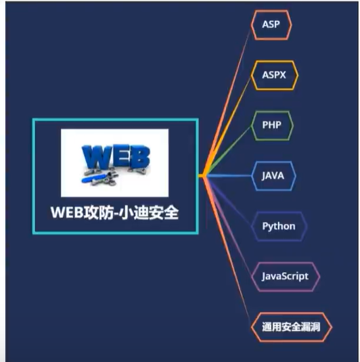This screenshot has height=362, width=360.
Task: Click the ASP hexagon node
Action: pyautogui.click(x=271, y=25)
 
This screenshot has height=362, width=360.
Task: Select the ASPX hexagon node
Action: pyautogui.click(x=274, y=75)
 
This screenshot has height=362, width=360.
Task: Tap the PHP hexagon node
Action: pyautogui.click(x=272, y=125)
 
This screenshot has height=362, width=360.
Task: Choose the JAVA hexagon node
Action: pyautogui.click(x=273, y=176)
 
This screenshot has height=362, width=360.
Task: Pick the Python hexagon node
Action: pyautogui.click(x=279, y=226)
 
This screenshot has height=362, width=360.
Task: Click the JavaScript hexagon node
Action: pyautogui.click(x=285, y=277)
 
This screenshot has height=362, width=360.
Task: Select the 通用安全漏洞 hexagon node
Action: pyautogui.click(x=291, y=327)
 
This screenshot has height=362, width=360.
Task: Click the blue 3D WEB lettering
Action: pyautogui.click(x=116, y=156)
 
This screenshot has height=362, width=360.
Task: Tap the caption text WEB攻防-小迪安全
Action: pyautogui.click(x=114, y=212)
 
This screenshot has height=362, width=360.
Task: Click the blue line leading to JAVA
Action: pyautogui.click(x=229, y=176)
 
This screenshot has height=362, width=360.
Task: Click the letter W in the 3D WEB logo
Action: pyautogui.click(x=95, y=156)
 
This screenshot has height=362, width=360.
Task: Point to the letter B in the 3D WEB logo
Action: pyautogui.click(x=139, y=157)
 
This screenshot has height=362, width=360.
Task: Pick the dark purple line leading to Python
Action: pyautogui.click(x=229, y=201)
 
